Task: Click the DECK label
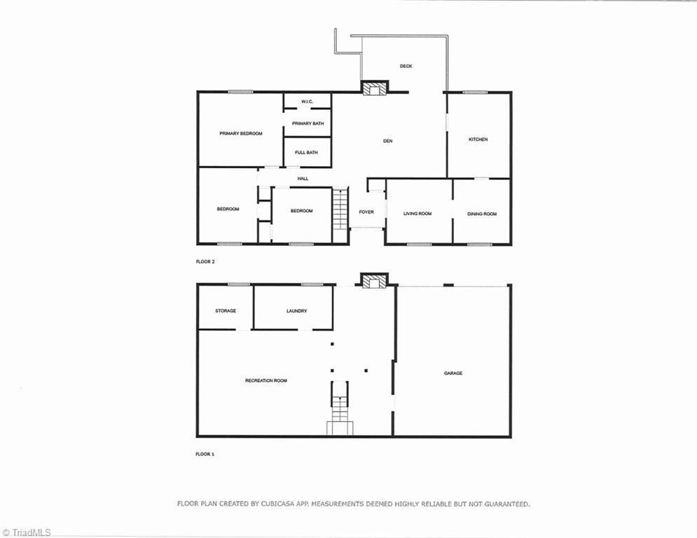tap(406, 67)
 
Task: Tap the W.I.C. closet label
tap(307, 102)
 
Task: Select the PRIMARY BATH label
tap(308, 124)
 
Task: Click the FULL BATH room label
tap(306, 152)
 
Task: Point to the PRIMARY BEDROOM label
tap(240, 133)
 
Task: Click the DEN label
tap(387, 141)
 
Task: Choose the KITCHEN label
tap(478, 139)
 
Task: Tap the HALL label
tap(303, 179)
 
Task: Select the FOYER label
tap(366, 212)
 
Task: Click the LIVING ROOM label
tap(417, 214)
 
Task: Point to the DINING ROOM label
tap(482, 214)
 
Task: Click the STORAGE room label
tap(226, 310)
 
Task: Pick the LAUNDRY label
tap(296, 311)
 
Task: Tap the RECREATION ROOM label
tap(265, 380)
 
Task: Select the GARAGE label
tap(453, 373)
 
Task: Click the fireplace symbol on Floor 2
tap(375, 88)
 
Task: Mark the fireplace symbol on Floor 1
tap(374, 281)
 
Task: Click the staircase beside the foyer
tap(340, 209)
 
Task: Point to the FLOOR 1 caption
tap(205, 454)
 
